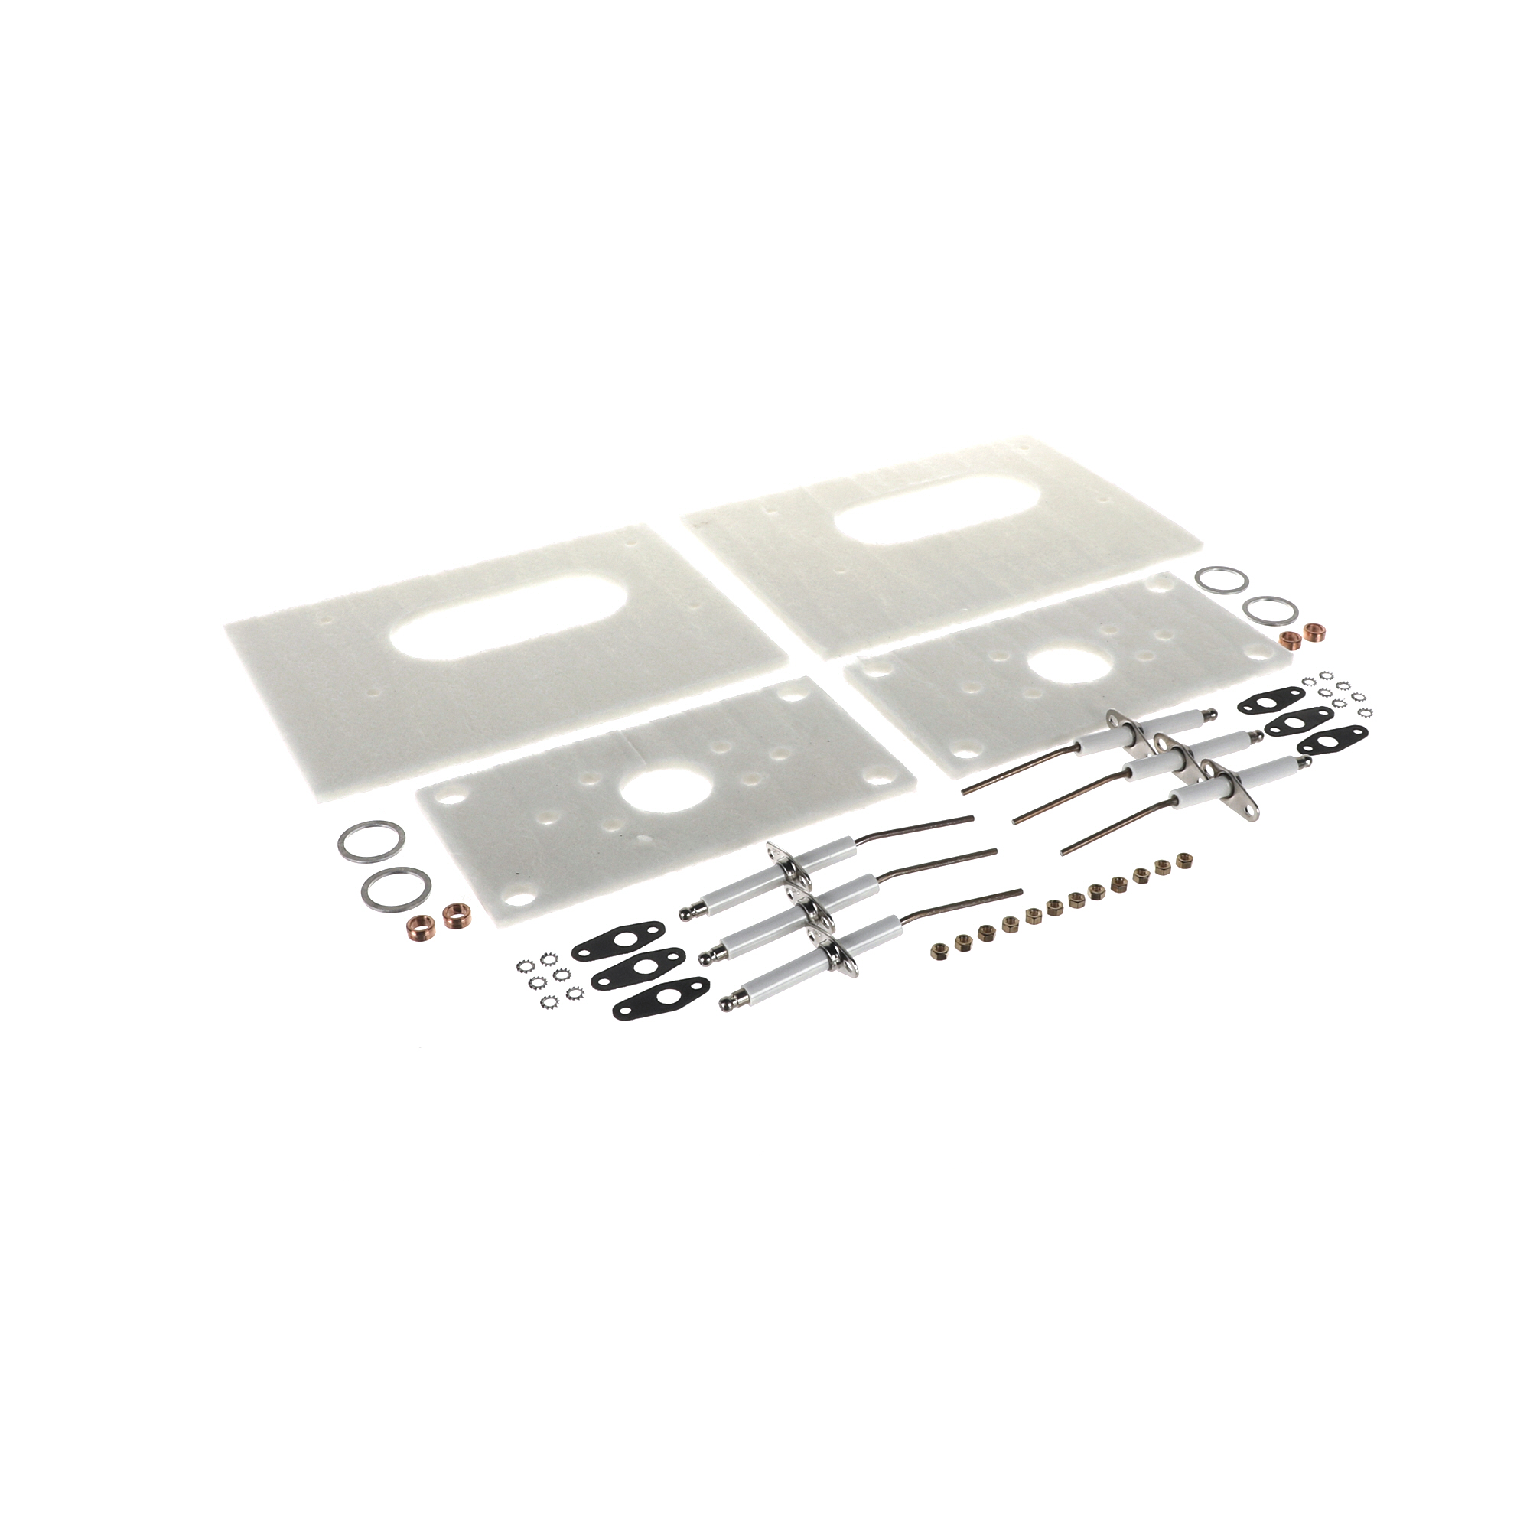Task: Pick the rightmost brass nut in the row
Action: pos(1186,858)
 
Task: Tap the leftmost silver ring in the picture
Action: pos(372,841)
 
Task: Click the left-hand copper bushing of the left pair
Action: pos(418,925)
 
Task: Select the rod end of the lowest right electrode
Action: pos(1063,853)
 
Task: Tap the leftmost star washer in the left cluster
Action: pos(522,965)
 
